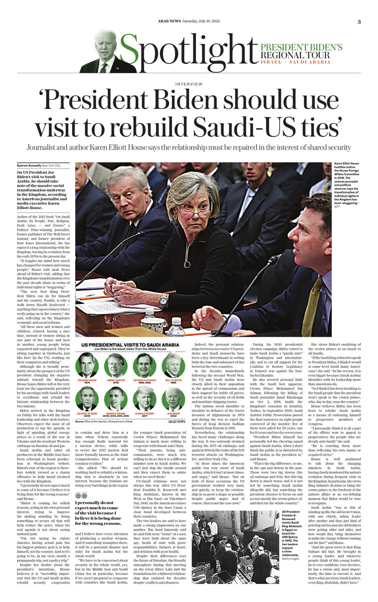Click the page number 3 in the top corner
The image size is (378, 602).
coord(359,22)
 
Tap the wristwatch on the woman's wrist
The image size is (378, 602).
coord(163,300)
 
